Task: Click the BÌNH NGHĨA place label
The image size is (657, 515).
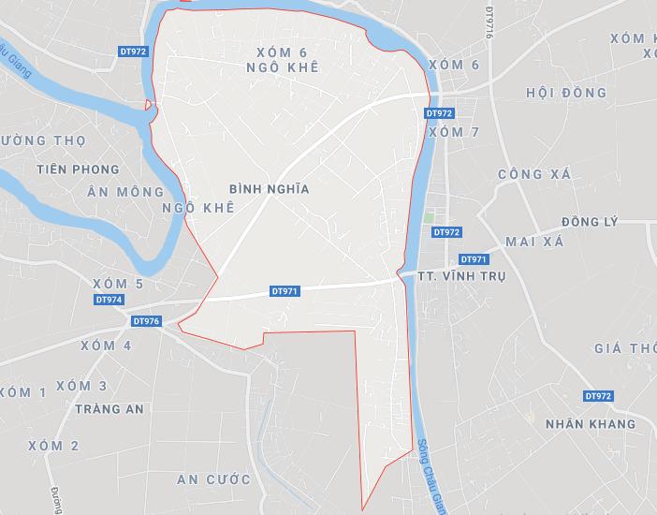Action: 269,188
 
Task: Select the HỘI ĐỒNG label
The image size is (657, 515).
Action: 566,93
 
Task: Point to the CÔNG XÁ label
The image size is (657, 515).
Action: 533,174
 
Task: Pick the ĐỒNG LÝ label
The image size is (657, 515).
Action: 590,221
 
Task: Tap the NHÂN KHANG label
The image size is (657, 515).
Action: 591,423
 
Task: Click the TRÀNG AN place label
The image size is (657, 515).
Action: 109,408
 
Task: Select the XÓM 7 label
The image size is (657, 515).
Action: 453,132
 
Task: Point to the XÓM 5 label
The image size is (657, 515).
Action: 118,283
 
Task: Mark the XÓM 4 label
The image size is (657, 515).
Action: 106,346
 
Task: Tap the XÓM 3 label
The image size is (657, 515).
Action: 81,386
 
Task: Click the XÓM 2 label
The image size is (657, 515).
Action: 53,446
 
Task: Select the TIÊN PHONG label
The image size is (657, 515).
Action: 79,169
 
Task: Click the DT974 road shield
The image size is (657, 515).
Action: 109,300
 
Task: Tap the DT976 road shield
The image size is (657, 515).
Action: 146,321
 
